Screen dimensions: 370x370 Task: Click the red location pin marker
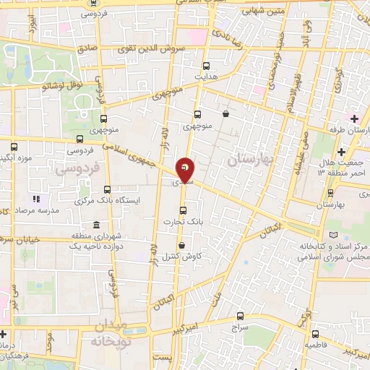[x=186, y=169]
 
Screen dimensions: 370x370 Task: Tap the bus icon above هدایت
[x=207, y=64]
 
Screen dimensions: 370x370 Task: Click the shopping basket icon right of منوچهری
[x=226, y=113]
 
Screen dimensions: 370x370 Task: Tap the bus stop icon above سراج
[x=241, y=316]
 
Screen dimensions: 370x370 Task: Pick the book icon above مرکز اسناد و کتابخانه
[x=332, y=235]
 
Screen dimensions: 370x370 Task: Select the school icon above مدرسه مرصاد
[x=35, y=199]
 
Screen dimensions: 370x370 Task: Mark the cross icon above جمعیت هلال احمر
[x=341, y=152]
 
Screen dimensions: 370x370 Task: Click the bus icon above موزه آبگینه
[x=13, y=145]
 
